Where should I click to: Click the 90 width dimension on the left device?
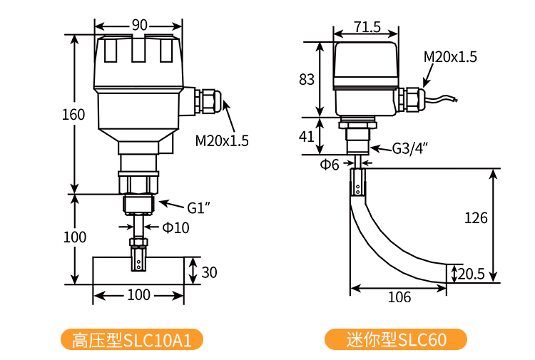click(140, 25)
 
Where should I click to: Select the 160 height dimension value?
click(73, 115)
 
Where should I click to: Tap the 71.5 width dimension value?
click(367, 27)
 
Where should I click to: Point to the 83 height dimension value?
click(307, 79)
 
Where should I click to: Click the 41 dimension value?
click(306, 137)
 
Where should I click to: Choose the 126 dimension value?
click(476, 218)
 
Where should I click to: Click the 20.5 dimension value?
click(472, 274)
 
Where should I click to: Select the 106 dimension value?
click(399, 297)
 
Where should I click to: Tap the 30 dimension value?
click(209, 272)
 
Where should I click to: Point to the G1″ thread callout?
click(198, 207)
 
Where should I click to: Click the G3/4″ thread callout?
click(409, 149)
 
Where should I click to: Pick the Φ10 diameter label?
click(175, 227)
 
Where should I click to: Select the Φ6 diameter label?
click(330, 165)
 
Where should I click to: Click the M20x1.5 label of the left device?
click(222, 140)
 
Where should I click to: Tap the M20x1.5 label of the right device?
click(450, 57)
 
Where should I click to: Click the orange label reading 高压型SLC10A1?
click(132, 339)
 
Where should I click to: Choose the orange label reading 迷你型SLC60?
click(396, 339)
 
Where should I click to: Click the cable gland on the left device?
click(206, 101)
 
